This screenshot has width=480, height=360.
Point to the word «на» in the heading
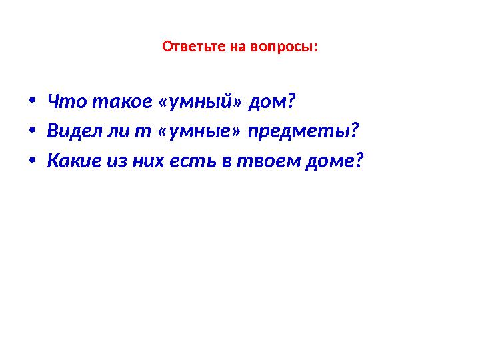[x=239, y=48]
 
